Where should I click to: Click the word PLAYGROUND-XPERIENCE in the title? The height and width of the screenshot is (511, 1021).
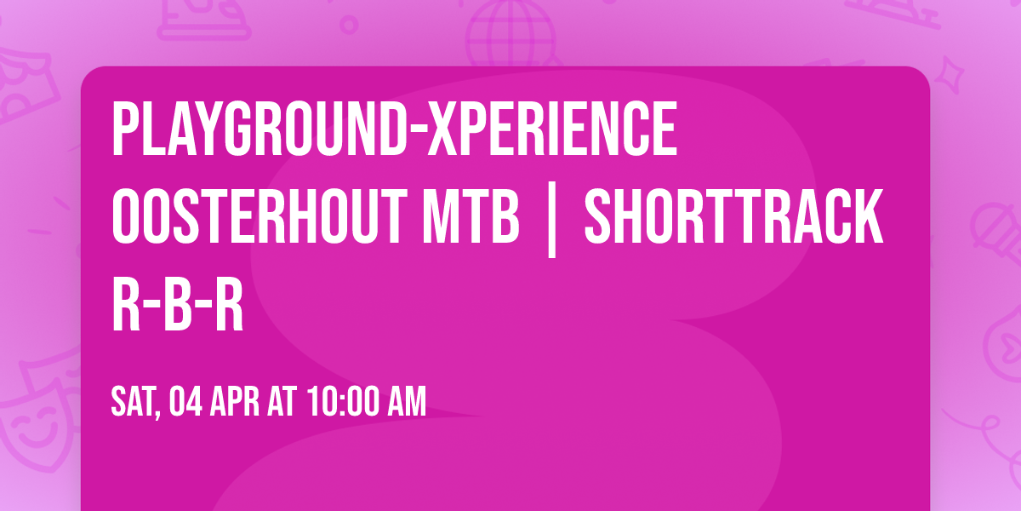tap(395, 129)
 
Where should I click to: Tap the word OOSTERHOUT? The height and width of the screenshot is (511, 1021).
tap(260, 216)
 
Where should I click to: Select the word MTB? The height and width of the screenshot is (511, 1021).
tap(471, 216)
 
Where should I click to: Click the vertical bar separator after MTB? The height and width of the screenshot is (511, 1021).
tap(551, 220)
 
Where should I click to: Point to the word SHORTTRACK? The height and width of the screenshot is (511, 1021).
tap(733, 216)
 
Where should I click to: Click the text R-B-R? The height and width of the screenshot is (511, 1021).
tap(177, 304)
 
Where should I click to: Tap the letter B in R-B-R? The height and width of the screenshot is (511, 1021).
tap(177, 304)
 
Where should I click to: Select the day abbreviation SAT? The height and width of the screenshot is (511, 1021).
tap(134, 401)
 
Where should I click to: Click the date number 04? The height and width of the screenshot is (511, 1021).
tap(185, 401)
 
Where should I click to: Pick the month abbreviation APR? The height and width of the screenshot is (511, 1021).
tap(234, 401)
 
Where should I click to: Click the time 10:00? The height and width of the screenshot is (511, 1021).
tap(342, 401)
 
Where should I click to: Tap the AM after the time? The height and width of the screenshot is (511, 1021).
tap(407, 401)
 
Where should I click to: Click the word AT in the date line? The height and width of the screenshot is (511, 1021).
tap(282, 401)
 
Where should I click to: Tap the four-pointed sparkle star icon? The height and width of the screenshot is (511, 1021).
tap(950, 74)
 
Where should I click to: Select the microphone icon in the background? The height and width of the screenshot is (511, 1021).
tap(996, 235)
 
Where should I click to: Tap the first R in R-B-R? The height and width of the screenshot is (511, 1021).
tap(126, 304)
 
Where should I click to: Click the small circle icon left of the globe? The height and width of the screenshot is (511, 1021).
tap(349, 25)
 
